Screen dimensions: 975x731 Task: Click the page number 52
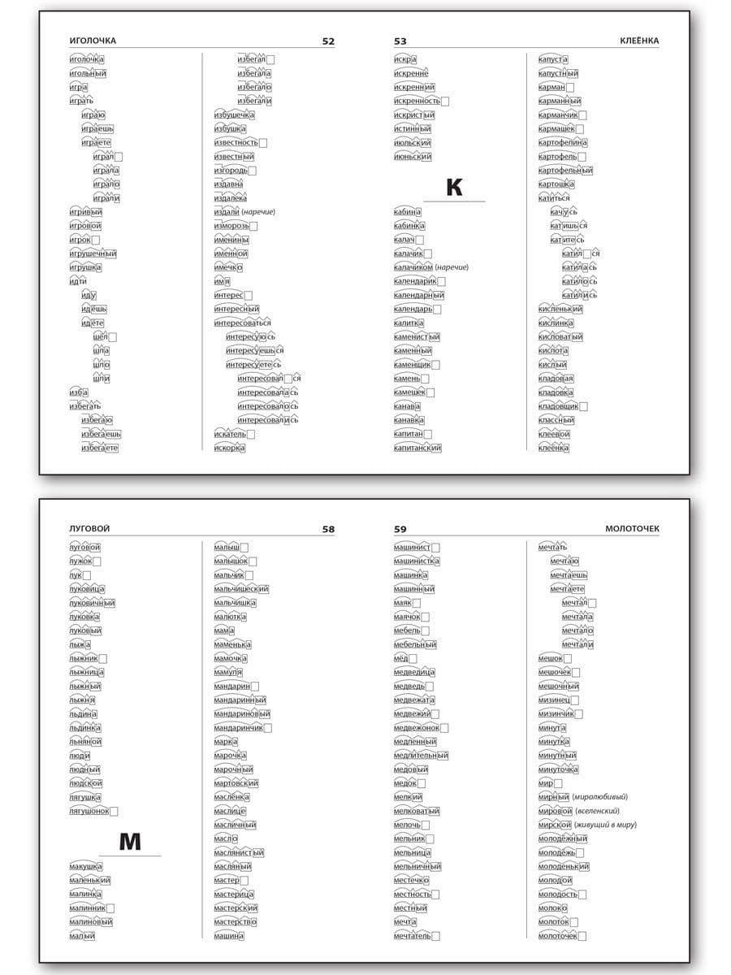click(x=328, y=41)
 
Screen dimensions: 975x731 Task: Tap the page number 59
click(x=400, y=529)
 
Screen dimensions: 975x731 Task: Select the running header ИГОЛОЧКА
click(x=93, y=41)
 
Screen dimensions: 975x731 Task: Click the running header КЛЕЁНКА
click(x=639, y=41)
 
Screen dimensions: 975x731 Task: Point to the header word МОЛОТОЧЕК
click(x=633, y=529)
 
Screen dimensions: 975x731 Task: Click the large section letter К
click(x=454, y=188)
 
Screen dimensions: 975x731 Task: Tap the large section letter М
click(x=130, y=842)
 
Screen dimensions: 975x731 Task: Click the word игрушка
click(x=85, y=266)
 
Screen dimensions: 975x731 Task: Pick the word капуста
click(x=553, y=59)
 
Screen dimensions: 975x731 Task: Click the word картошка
click(x=556, y=184)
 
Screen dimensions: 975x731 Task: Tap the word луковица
click(x=87, y=589)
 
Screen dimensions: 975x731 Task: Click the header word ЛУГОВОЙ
click(x=89, y=529)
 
